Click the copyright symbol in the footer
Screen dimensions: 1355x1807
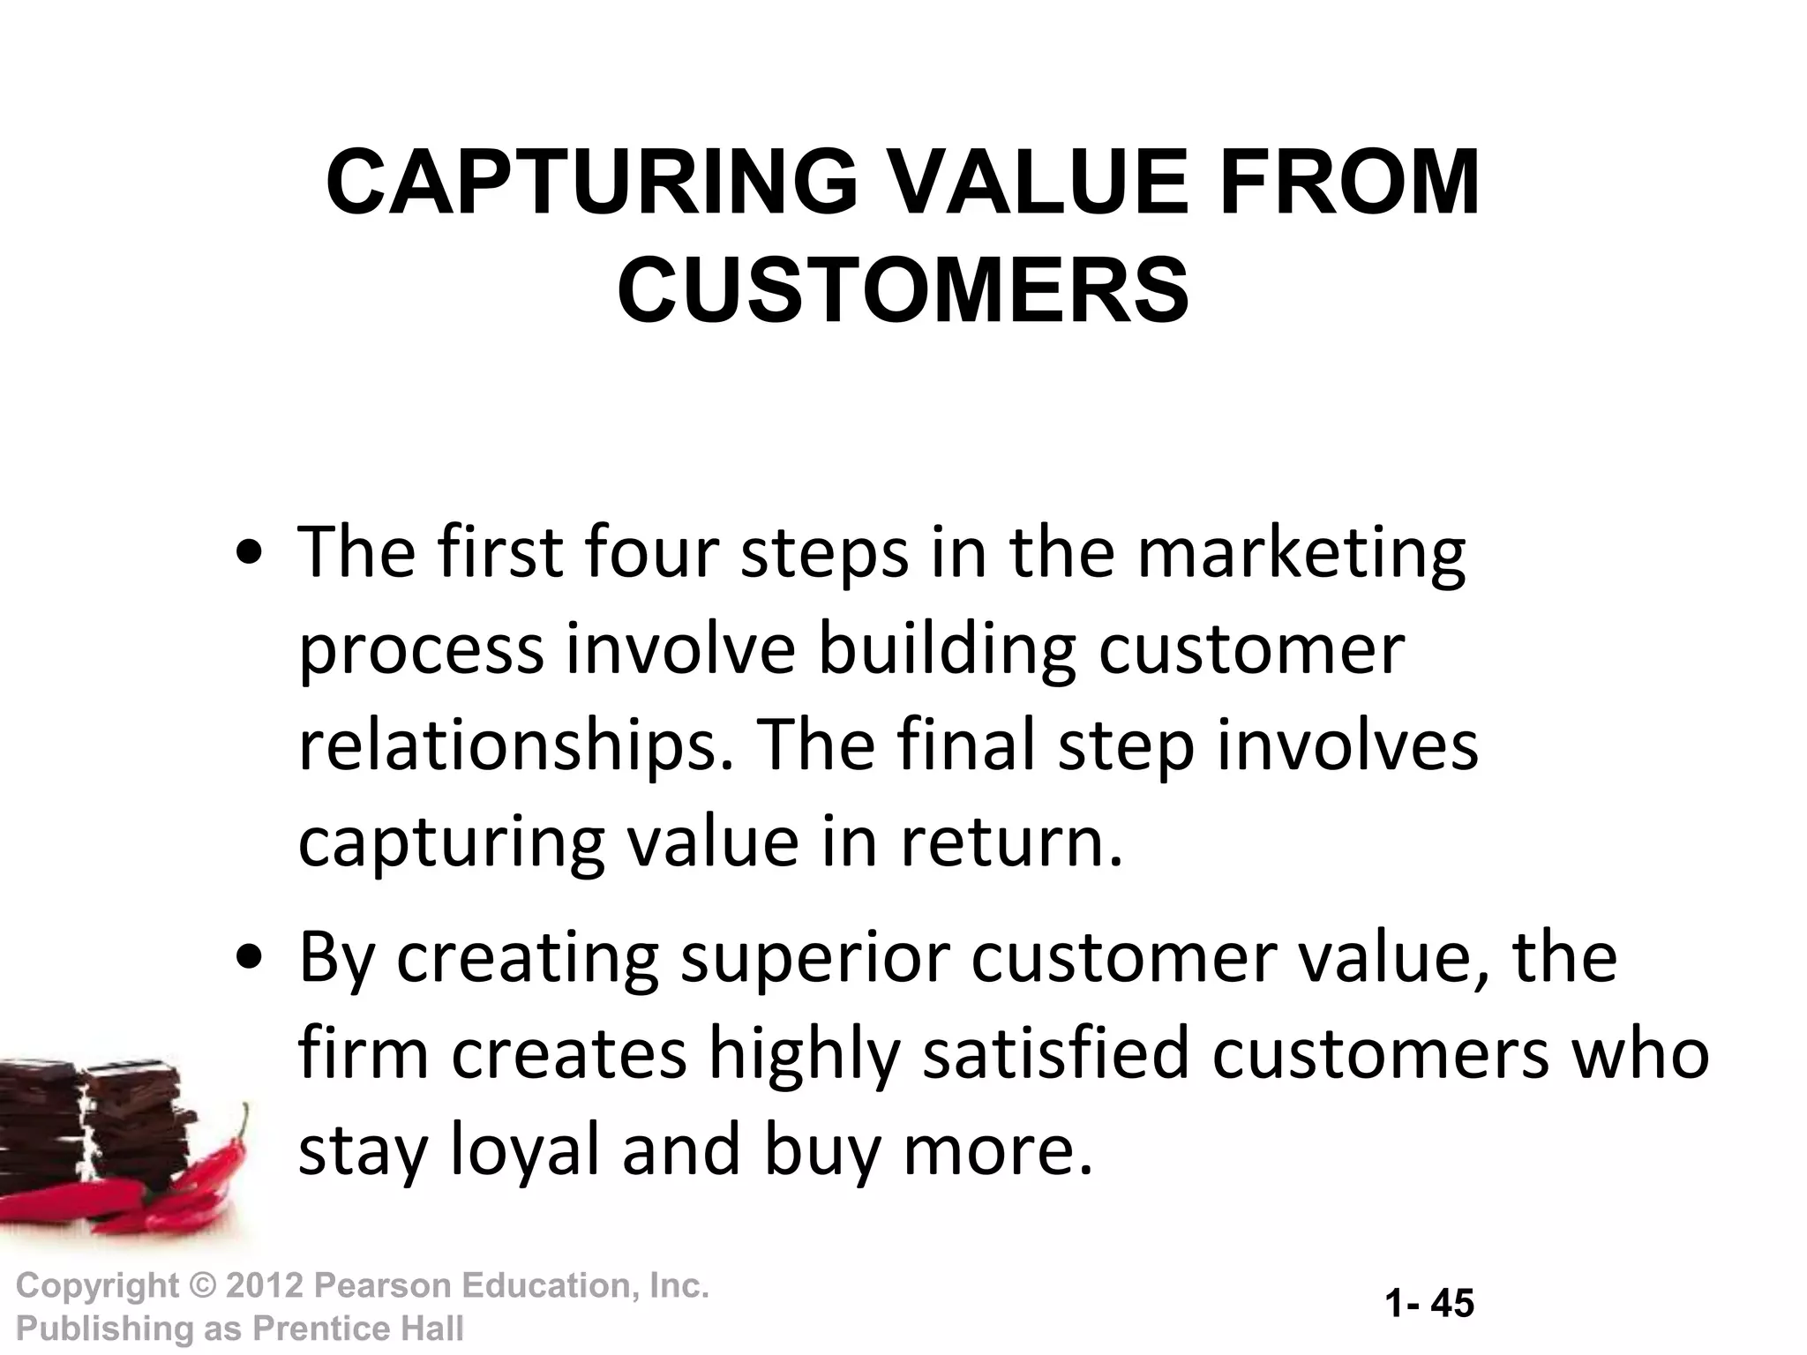[x=202, y=1286]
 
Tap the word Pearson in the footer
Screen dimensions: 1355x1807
[x=380, y=1286]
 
